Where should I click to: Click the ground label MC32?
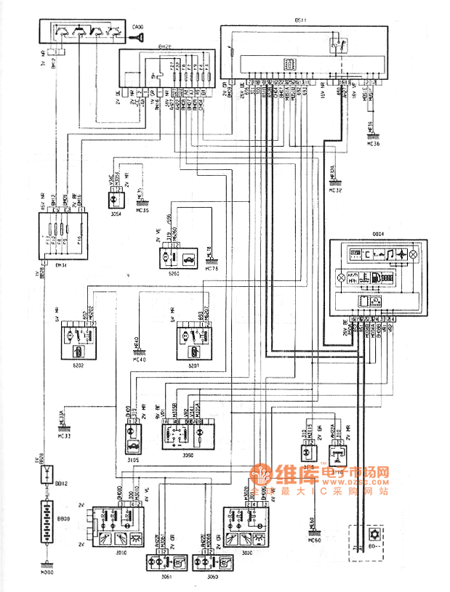click(335, 190)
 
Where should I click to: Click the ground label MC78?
click(212, 269)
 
